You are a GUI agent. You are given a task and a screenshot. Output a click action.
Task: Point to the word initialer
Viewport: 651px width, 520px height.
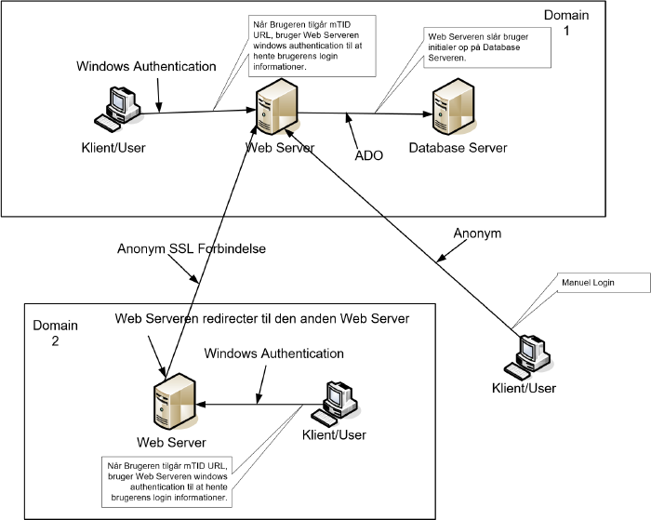(x=445, y=47)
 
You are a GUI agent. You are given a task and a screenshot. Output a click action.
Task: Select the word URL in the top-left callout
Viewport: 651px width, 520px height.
(x=264, y=35)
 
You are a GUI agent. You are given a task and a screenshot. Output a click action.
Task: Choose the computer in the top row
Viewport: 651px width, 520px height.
(x=122, y=107)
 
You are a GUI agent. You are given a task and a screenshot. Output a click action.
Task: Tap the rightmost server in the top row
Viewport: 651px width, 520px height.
(x=453, y=108)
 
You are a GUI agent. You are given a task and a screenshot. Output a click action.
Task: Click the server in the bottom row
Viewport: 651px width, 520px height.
(x=174, y=403)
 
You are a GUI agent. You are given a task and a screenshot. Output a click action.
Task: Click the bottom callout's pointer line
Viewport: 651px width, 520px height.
(x=270, y=433)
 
